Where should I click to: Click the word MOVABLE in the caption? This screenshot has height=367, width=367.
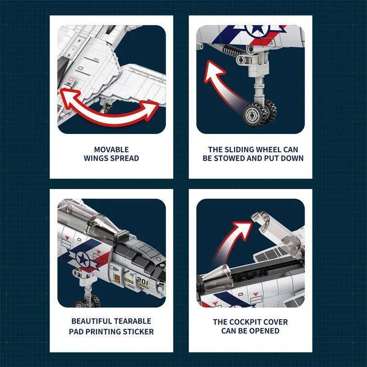[111, 150]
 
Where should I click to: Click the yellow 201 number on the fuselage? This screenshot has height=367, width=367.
[143, 282]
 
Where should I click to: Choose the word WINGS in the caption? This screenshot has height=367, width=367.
[96, 158]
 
